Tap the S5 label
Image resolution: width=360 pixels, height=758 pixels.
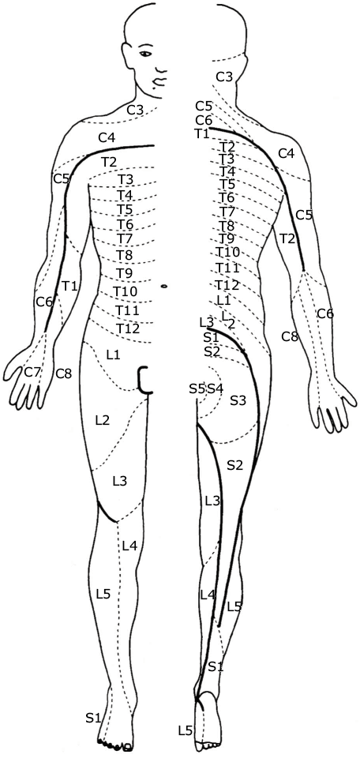(197, 388)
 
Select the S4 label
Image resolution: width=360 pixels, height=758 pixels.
(216, 388)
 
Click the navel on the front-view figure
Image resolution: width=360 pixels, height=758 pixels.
(164, 286)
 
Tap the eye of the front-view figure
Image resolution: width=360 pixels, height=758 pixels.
(145, 53)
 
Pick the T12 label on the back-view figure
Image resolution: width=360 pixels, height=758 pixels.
(227, 285)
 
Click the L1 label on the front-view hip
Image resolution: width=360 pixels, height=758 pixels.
(113, 355)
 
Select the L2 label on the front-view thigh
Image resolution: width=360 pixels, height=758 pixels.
(103, 420)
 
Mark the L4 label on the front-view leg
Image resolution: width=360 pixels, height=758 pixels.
(129, 546)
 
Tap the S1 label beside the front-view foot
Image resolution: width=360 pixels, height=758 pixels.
(95, 718)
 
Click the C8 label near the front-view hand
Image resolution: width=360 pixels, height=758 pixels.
(64, 373)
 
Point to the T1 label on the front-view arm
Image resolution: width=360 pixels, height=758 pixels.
(69, 286)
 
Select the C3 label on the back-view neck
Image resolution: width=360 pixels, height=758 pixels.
(224, 77)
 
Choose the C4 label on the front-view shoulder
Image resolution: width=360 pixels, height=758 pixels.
(107, 137)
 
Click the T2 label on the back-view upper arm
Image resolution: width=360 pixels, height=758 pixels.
(287, 238)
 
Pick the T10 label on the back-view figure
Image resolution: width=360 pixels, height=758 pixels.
(227, 252)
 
